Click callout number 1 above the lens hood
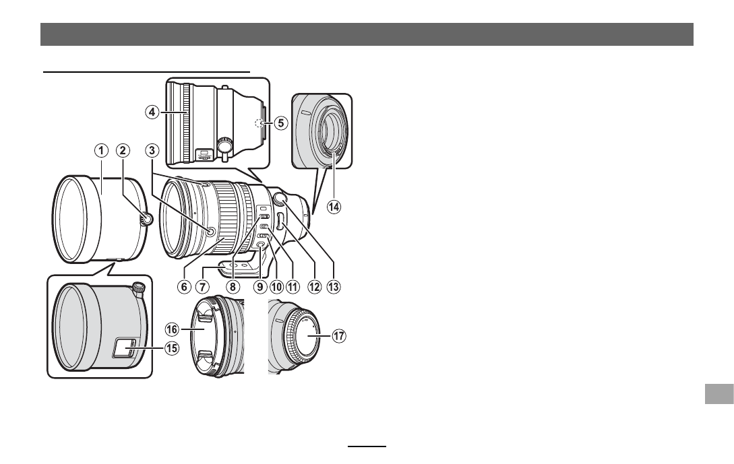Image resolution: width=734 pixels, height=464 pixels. (x=101, y=151)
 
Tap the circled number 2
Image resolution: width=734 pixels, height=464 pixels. (x=123, y=151)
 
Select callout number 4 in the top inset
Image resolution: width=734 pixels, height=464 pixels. (x=151, y=112)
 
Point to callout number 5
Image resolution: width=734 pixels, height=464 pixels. (x=280, y=123)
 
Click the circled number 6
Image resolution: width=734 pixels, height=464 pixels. (x=184, y=286)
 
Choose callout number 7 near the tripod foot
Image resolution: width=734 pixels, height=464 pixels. (x=202, y=286)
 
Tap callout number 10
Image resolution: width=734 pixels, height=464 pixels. (x=276, y=286)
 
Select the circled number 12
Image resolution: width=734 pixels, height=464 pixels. (x=314, y=286)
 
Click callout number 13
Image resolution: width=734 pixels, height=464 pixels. (x=333, y=286)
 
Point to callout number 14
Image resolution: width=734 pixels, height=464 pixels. (x=334, y=206)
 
